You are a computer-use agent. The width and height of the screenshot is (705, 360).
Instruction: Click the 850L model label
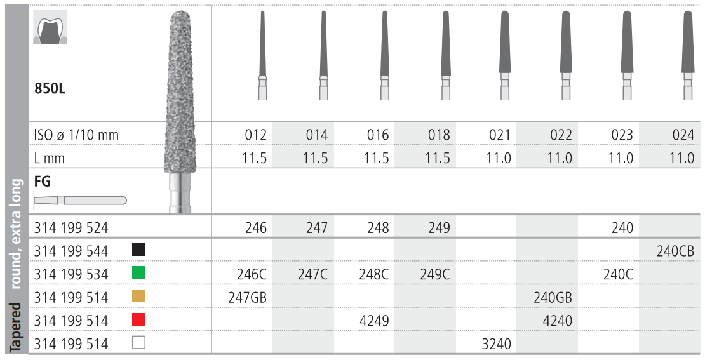(x=50, y=88)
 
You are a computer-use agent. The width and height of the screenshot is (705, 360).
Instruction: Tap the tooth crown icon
(x=50, y=27)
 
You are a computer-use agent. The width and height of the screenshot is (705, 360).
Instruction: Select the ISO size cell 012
(x=256, y=135)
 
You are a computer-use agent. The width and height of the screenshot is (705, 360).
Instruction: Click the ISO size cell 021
(x=500, y=135)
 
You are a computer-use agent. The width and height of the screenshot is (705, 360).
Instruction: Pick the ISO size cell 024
(x=683, y=135)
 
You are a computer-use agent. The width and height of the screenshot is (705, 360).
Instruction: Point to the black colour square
(x=138, y=250)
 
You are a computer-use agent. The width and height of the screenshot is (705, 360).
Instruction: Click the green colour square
(x=138, y=273)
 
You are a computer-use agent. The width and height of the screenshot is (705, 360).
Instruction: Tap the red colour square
(x=138, y=319)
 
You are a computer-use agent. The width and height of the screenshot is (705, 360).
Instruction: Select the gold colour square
(x=138, y=296)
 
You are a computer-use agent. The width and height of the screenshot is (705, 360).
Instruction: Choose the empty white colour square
(x=138, y=343)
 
